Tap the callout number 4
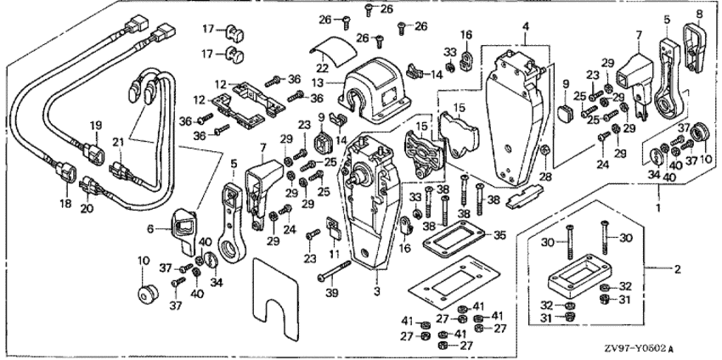tap(527, 27)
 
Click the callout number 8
tap(701, 14)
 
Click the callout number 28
tap(545, 176)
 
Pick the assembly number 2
tap(677, 270)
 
